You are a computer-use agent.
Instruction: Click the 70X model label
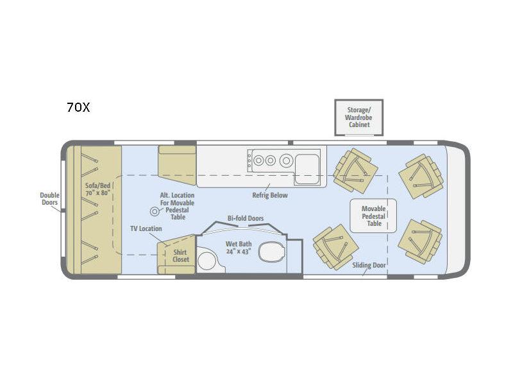[78, 107]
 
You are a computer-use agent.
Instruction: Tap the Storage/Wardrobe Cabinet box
[358, 117]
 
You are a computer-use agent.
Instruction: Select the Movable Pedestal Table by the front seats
[373, 216]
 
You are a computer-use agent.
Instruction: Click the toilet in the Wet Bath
[271, 252]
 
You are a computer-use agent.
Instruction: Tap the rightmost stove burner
[286, 161]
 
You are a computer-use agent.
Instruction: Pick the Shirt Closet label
[181, 255]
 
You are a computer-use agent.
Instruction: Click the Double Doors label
[50, 199]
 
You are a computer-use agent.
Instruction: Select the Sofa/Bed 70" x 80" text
[97, 189]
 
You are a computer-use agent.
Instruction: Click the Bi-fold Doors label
[246, 218]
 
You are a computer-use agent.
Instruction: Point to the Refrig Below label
[270, 195]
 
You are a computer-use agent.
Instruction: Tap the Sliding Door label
[369, 265]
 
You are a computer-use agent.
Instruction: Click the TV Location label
[146, 228]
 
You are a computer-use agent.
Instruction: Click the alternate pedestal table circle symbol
[155, 212]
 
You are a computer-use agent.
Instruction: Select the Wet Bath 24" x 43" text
[239, 248]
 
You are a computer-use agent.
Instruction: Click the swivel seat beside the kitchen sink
[355, 171]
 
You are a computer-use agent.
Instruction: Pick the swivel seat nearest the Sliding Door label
[335, 247]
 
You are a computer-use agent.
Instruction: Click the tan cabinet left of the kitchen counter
[177, 166]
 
